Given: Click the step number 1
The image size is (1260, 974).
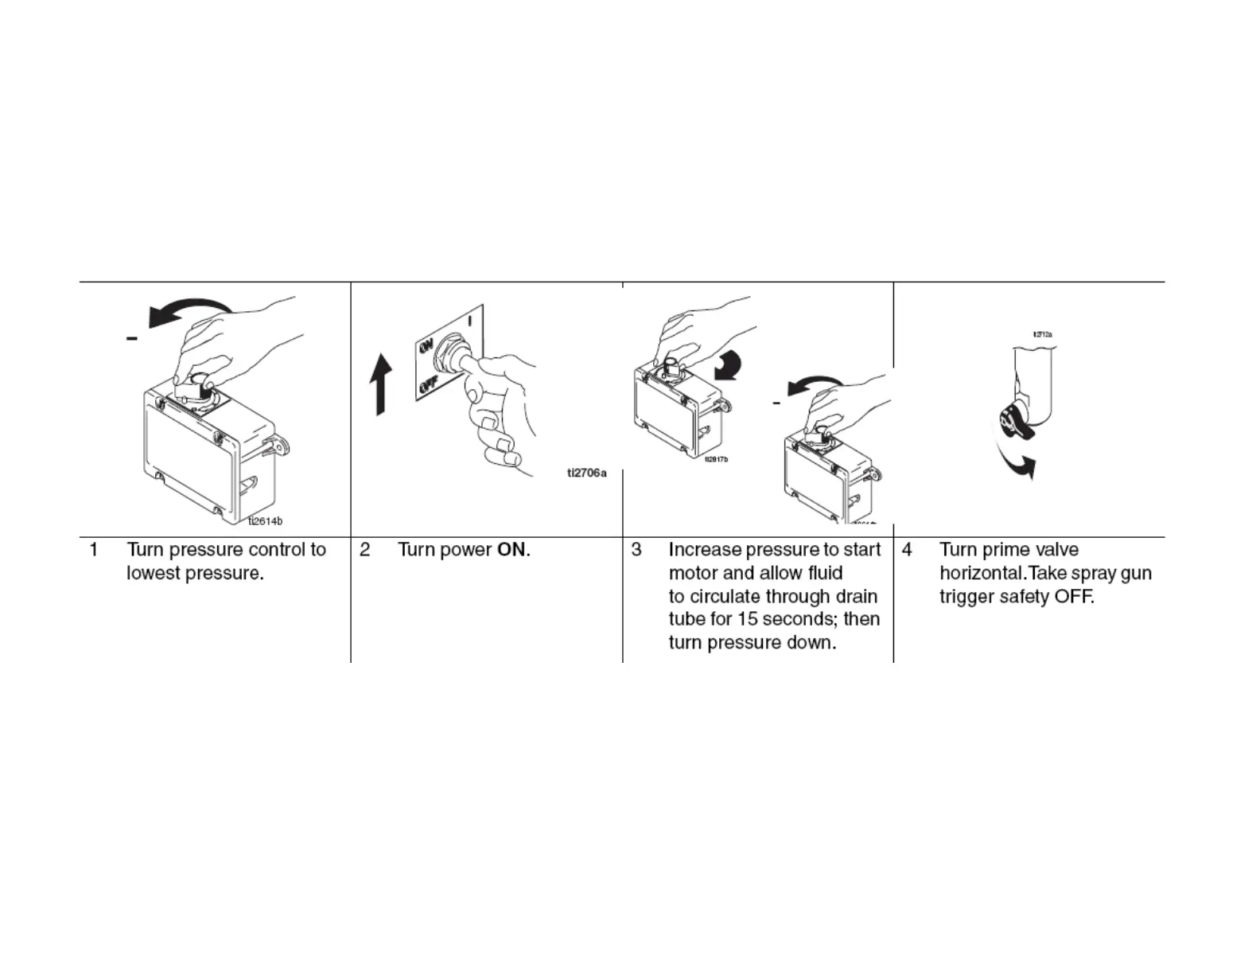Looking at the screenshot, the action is [x=94, y=550].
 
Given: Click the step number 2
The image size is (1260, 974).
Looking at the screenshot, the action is [x=364, y=550].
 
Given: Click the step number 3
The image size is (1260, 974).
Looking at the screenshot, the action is [x=636, y=550].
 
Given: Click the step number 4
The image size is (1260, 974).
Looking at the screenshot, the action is [x=907, y=550].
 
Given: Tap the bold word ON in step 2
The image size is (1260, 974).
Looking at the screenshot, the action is [x=511, y=550].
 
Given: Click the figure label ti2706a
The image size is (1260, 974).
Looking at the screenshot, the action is [x=586, y=473].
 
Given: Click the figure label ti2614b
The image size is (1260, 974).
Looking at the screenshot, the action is [x=265, y=521].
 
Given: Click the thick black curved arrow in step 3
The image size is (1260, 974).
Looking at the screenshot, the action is [x=728, y=367].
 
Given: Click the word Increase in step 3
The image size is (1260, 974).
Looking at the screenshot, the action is [x=704, y=550].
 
